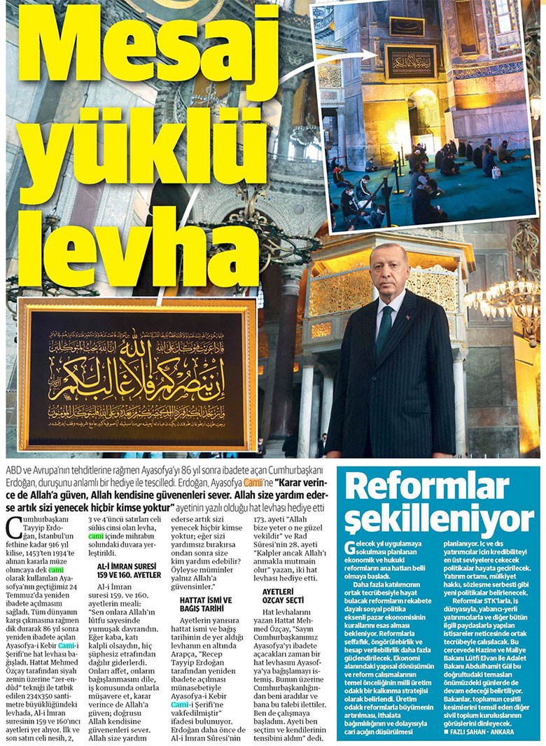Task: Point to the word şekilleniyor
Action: pos(439,519)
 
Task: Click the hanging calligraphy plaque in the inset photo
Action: pos(410,61)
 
